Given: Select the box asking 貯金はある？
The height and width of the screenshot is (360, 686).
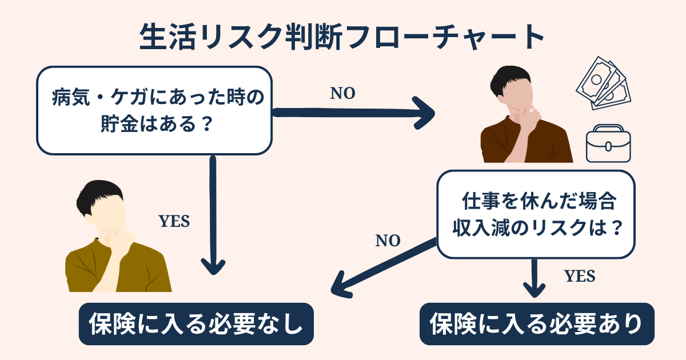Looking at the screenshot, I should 154,110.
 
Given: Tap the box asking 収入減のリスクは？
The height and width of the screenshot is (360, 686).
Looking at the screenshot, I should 536,214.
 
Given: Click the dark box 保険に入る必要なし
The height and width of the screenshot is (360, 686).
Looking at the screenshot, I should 196,324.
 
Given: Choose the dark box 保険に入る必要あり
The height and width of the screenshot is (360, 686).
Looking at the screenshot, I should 537,324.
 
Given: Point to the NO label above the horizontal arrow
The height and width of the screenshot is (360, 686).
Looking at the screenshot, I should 343,94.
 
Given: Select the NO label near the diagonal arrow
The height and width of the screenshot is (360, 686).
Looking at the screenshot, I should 388,241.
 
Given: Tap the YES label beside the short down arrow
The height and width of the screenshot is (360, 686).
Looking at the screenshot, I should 580,277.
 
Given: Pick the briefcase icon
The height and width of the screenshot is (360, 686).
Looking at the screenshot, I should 608,144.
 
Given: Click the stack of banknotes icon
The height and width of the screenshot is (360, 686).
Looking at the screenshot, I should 602,83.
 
